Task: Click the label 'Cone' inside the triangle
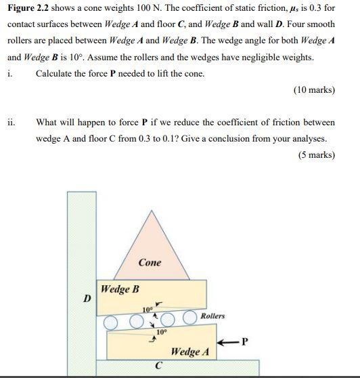click(150, 262)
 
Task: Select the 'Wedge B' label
click(120, 289)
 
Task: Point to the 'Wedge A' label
click(190, 352)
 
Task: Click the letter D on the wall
click(86, 298)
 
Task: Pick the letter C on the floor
click(158, 366)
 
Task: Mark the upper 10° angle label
click(147, 309)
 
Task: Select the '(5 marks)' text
click(316, 154)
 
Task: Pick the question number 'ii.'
click(12, 123)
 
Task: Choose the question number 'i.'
click(9, 73)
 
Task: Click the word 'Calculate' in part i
click(56, 73)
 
